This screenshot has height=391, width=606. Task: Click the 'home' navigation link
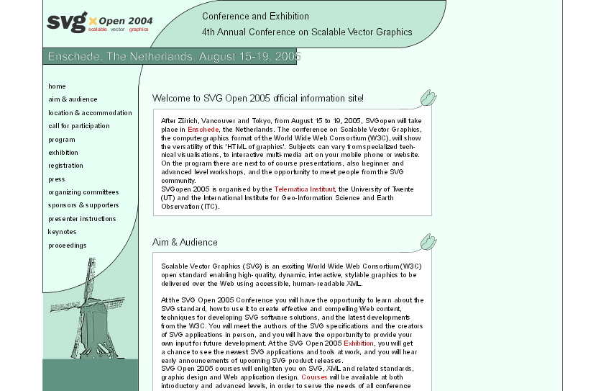[57, 86]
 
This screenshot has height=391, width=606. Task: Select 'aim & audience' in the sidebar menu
[73, 99]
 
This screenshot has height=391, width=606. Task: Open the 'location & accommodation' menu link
[90, 113]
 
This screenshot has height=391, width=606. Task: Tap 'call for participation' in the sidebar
[79, 126]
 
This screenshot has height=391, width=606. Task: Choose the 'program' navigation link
[62, 140]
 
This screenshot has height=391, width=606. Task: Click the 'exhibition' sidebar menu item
[63, 153]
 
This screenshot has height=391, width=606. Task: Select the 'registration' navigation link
[65, 166]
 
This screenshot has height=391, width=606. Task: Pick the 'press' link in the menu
[57, 179]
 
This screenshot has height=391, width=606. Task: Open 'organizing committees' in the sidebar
[83, 192]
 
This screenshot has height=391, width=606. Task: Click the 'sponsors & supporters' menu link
[83, 205]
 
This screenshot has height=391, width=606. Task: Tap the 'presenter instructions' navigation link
[82, 219]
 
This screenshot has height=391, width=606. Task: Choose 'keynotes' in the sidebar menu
[62, 232]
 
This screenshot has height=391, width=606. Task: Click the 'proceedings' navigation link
[67, 246]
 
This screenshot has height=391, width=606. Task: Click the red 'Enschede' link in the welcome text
[203, 129]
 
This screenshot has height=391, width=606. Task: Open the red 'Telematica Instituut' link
[306, 189]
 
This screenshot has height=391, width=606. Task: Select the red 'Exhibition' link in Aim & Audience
[359, 343]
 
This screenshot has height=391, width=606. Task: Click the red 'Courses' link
[314, 377]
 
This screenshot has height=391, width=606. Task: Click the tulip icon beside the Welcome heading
[428, 97]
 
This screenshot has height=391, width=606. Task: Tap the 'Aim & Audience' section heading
[185, 243]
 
